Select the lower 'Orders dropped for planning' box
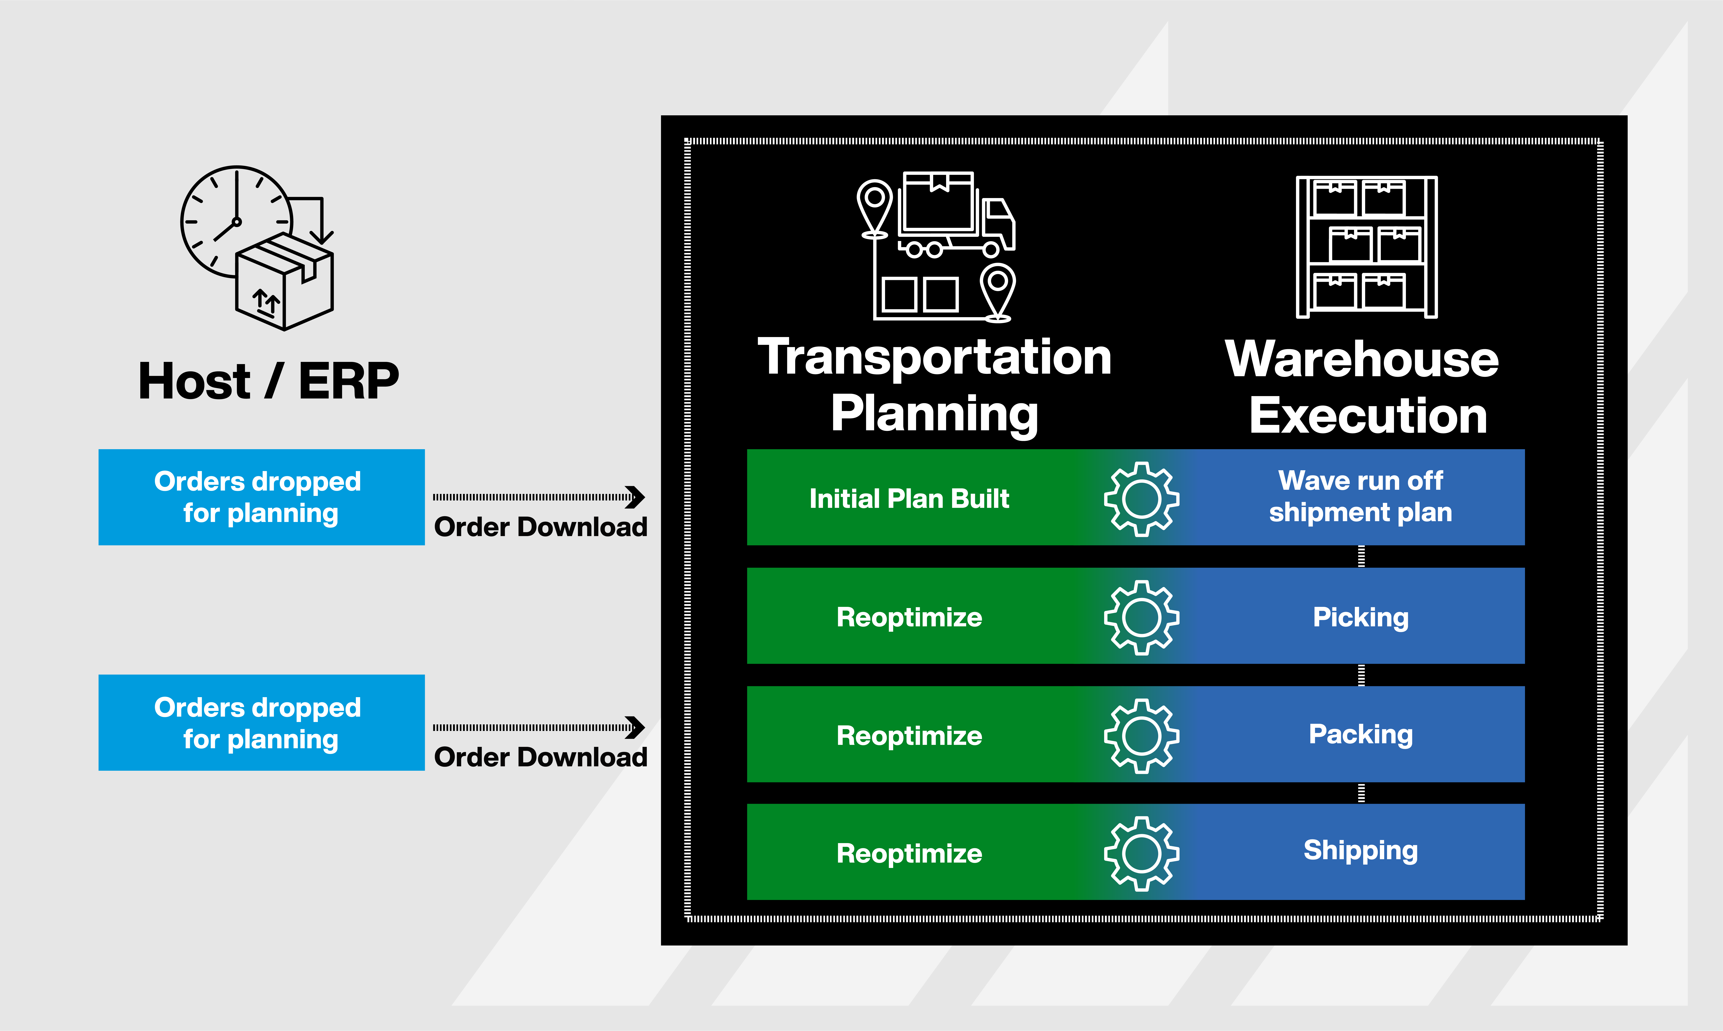pos(261,723)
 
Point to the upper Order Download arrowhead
pos(635,497)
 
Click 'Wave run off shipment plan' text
pos(1360,496)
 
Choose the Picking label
pos(1360,617)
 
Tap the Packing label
pos(1360,734)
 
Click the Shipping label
pos(1360,850)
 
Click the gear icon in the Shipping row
pos(1141,854)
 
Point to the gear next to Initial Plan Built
pos(1141,499)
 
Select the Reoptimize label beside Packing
pos(909,736)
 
